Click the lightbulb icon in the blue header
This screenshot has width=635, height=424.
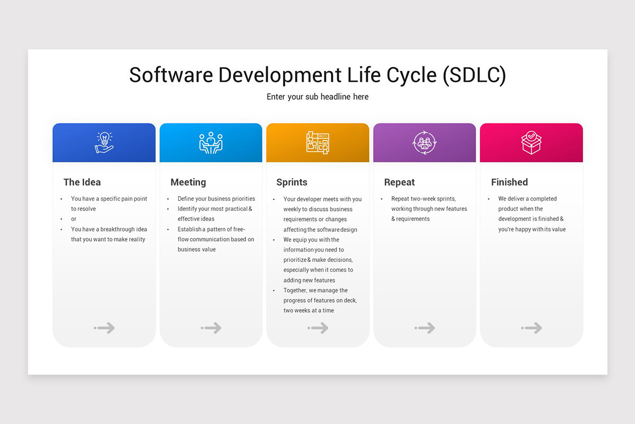(104, 143)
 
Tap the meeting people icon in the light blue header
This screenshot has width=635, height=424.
(211, 143)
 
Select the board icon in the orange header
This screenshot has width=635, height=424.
(317, 143)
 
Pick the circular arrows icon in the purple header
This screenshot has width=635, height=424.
(424, 143)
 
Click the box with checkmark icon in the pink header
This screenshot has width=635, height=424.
(531, 143)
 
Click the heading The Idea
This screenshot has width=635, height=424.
(82, 182)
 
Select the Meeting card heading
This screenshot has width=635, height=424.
(188, 182)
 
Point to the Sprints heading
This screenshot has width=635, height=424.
(292, 182)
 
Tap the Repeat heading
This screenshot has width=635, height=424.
(400, 182)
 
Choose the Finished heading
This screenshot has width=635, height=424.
(509, 182)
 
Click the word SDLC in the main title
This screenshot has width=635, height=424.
(474, 75)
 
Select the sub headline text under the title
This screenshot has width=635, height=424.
(317, 97)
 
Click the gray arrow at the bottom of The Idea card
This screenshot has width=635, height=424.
(105, 328)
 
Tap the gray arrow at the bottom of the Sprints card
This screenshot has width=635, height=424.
(318, 328)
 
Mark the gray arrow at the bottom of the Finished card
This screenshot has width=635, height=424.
(532, 328)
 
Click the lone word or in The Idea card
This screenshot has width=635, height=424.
(74, 219)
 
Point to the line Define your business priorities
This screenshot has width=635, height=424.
(216, 199)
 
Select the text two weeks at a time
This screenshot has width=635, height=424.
(309, 311)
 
